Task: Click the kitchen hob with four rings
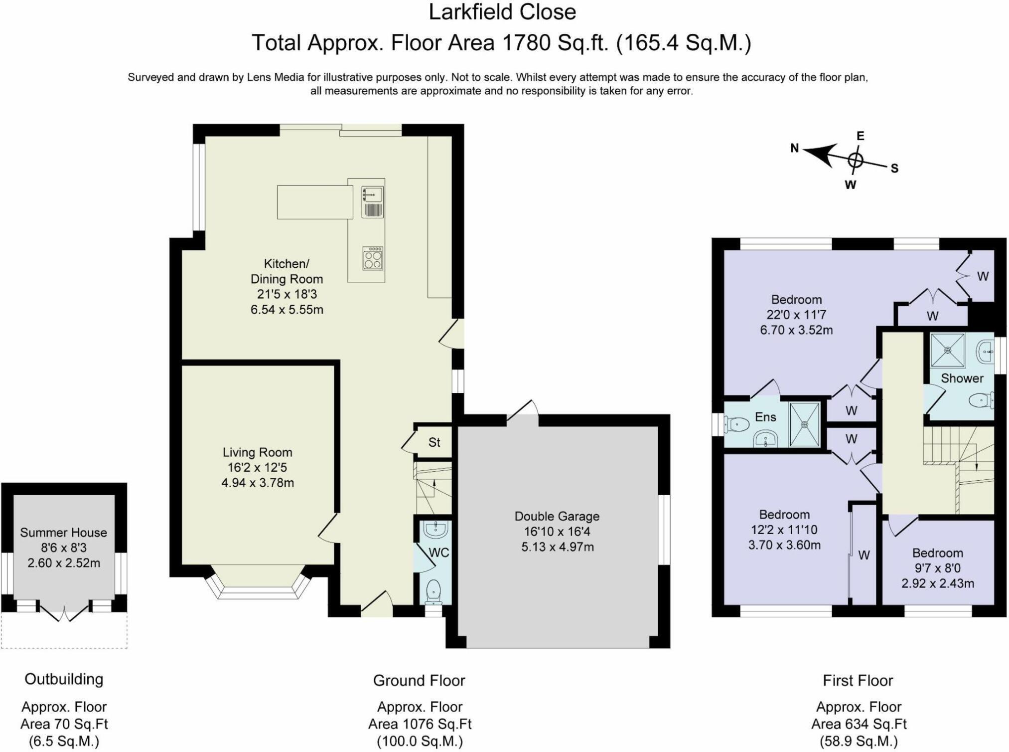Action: coord(373,258)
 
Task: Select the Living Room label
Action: coord(257,452)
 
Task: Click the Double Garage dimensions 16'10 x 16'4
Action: coord(557,532)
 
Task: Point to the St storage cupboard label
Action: coord(434,442)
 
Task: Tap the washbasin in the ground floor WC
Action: coord(436,530)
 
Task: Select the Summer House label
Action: coord(63,533)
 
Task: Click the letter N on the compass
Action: coord(794,148)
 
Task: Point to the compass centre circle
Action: coord(855,161)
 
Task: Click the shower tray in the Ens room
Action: coord(804,424)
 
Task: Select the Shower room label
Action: coord(962,378)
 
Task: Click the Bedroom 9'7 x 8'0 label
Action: coord(937,553)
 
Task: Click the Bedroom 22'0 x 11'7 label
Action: coord(796,300)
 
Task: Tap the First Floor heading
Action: coord(858,681)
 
